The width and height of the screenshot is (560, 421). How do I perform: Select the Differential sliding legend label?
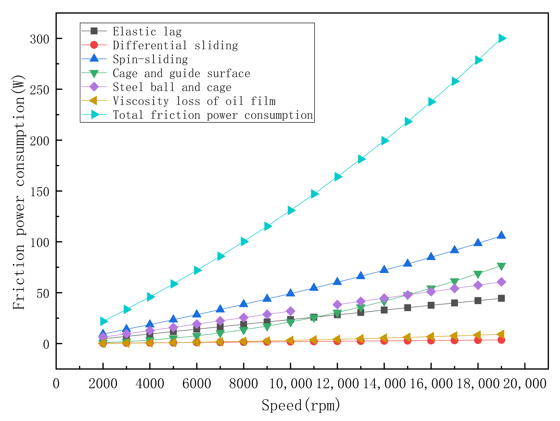175,45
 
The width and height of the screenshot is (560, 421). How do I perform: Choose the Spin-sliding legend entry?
150,59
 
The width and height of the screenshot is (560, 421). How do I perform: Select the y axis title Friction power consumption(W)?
19,192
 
